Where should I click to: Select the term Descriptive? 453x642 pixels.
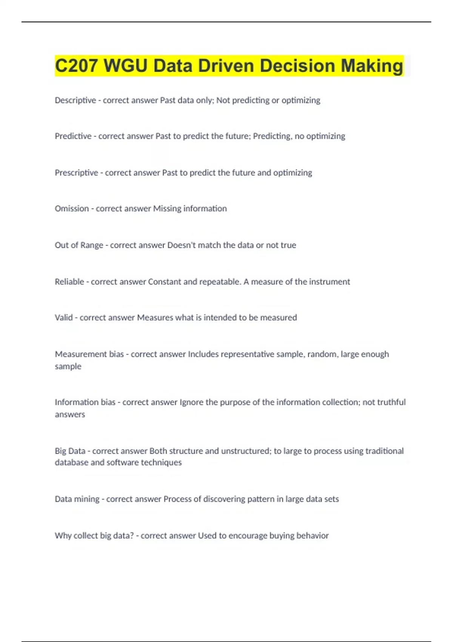[75, 100]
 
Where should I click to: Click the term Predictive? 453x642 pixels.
[73, 136]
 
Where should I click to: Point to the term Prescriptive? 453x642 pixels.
[76, 173]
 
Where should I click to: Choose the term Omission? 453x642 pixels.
[72, 208]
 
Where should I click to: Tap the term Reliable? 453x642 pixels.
[69, 282]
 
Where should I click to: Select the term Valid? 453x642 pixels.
[64, 318]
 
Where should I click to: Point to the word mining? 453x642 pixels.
[86, 499]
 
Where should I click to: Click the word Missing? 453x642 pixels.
[167, 208]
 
